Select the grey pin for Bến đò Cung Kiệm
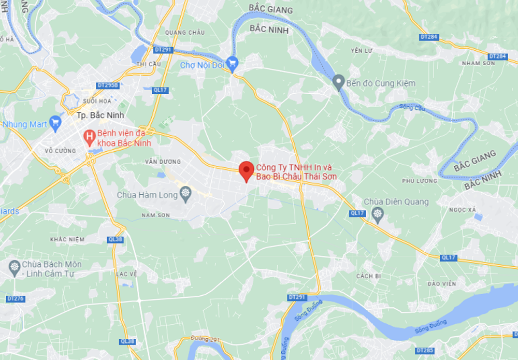point(338,82)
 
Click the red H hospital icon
point(89,137)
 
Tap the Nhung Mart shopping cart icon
point(55,123)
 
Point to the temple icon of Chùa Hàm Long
point(185,194)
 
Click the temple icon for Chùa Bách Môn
point(14,267)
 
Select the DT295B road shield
point(108,85)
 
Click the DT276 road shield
point(16,299)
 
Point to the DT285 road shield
point(425,351)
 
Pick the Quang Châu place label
point(184,33)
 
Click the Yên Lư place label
point(362,50)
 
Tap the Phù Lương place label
point(419,181)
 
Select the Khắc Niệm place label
point(67,239)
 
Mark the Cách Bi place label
point(368,276)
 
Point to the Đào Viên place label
point(442,284)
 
